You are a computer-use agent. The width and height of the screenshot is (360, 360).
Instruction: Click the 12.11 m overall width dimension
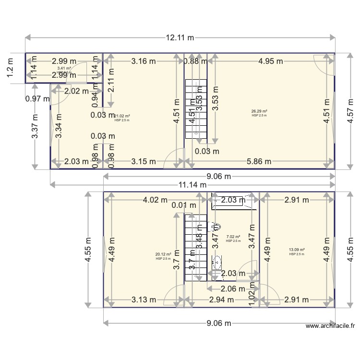click(180, 37)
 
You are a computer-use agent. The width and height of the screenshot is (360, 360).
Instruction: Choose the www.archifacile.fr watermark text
click(330, 326)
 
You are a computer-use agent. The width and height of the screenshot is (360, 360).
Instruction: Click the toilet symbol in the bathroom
click(216, 227)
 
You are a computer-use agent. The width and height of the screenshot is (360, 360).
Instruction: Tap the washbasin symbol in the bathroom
click(217, 262)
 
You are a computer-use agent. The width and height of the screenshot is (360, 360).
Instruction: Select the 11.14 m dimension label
click(192, 185)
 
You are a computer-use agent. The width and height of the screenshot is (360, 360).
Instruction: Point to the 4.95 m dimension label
click(270, 61)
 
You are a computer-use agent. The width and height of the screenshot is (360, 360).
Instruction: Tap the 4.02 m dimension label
click(155, 200)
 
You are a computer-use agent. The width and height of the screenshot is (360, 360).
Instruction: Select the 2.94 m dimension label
click(221, 300)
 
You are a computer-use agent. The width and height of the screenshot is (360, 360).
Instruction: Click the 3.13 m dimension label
click(144, 300)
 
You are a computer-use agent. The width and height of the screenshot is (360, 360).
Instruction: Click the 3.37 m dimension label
click(35, 126)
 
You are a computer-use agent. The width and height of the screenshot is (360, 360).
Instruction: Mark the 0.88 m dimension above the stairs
click(195, 61)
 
